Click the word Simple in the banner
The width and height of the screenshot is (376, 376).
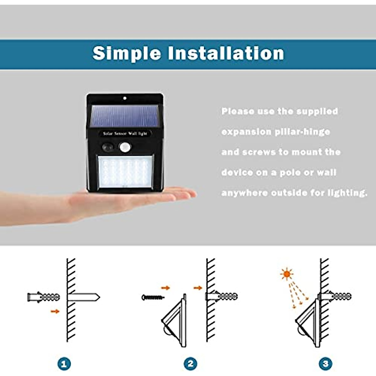pyautogui.click(x=127, y=53)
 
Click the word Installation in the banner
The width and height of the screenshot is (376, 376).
pyautogui.click(x=226, y=53)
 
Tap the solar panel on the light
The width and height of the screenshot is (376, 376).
pyautogui.click(x=125, y=116)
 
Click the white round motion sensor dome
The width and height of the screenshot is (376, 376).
pyautogui.click(x=125, y=147)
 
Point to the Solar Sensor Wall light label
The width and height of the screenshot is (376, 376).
pyautogui.click(x=125, y=133)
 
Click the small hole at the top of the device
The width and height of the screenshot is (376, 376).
pyautogui.click(x=125, y=98)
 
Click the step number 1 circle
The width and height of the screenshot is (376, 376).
pyautogui.click(x=64, y=364)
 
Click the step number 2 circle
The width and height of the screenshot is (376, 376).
pyautogui.click(x=190, y=364)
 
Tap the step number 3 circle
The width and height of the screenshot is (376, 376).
pyautogui.click(x=325, y=363)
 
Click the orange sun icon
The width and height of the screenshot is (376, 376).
pyautogui.click(x=286, y=274)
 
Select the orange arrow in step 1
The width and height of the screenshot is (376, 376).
pyautogui.click(x=55, y=311)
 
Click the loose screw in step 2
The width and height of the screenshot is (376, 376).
pyautogui.click(x=153, y=297)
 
